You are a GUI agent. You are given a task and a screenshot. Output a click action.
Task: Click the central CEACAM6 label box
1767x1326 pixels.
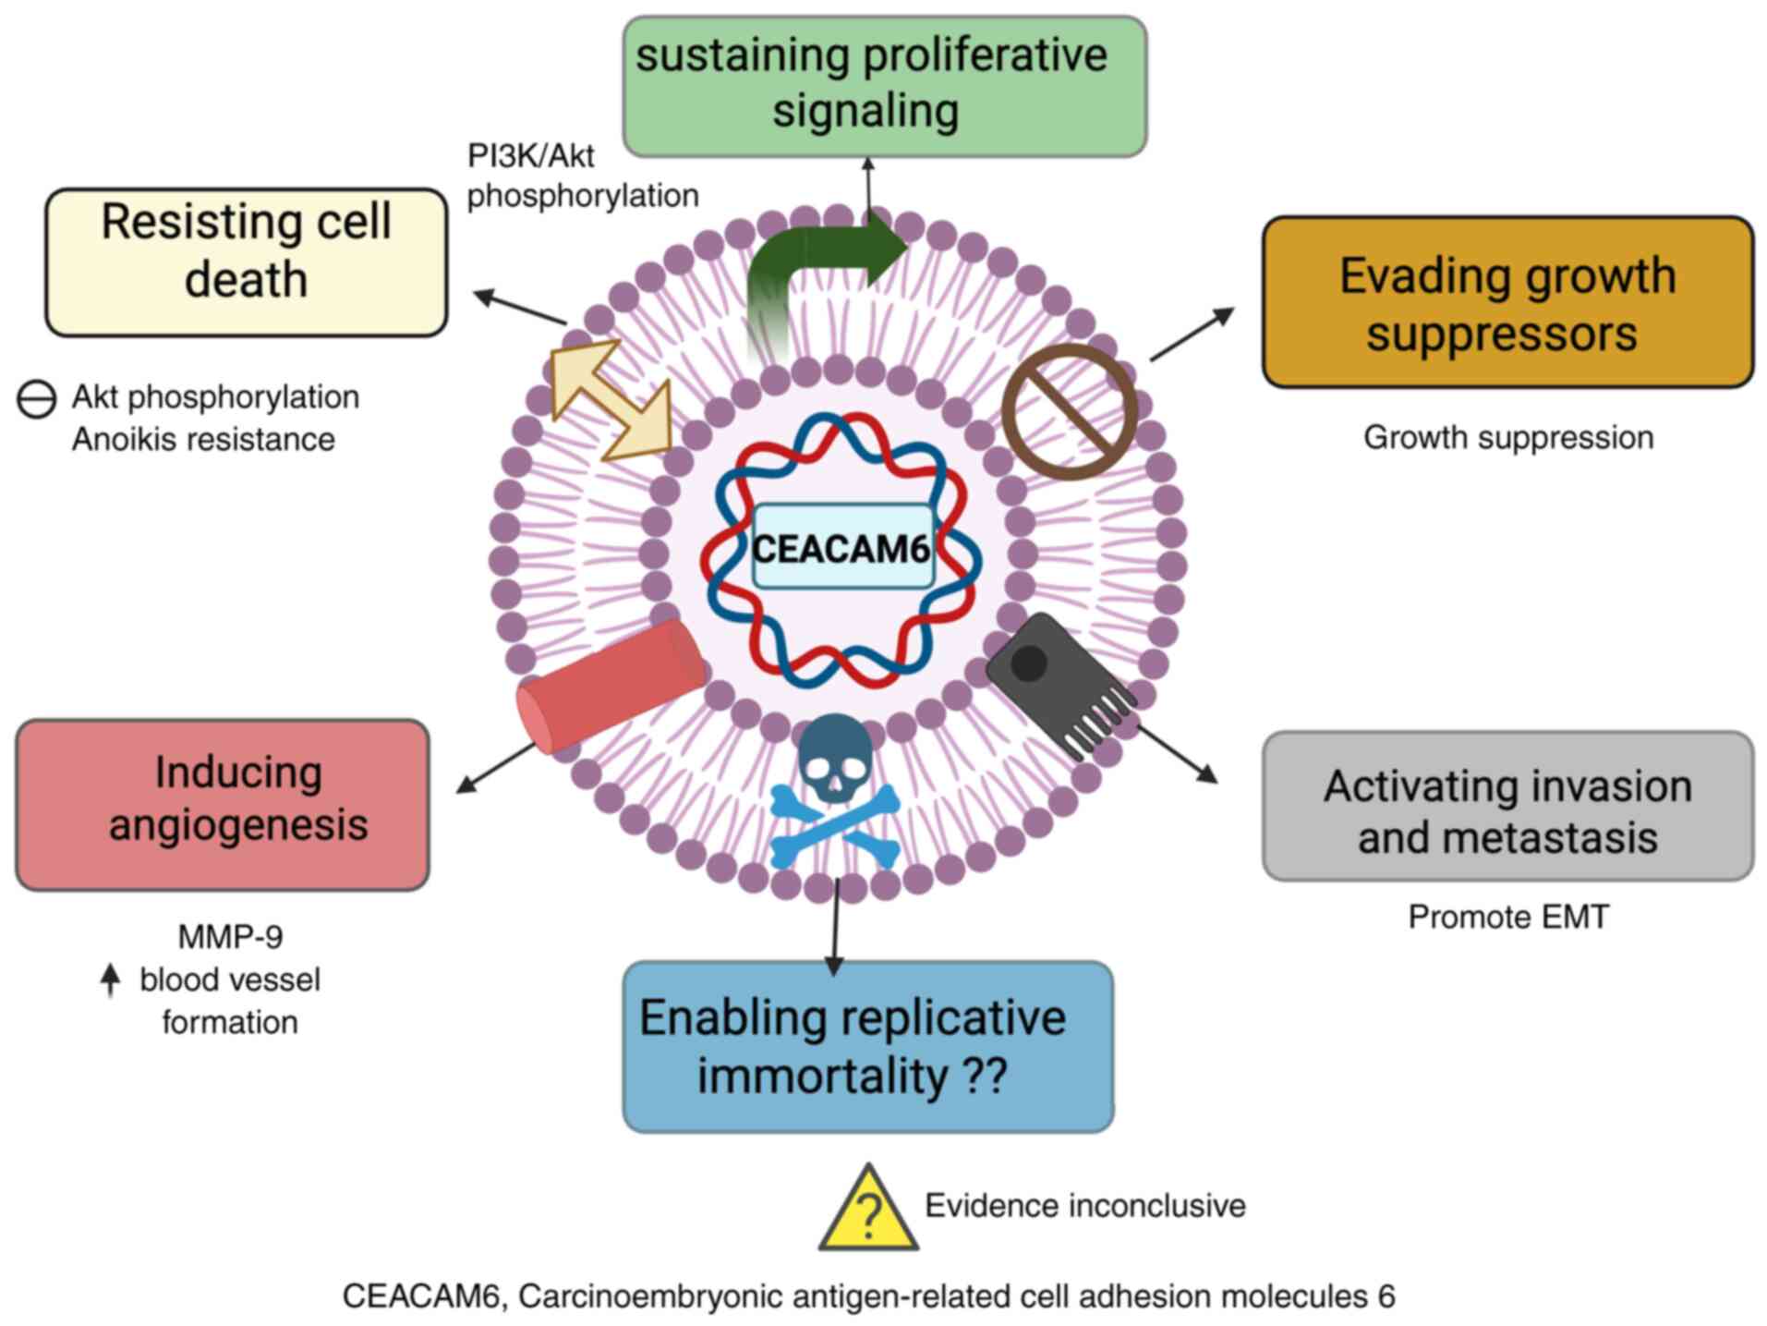[x=841, y=547]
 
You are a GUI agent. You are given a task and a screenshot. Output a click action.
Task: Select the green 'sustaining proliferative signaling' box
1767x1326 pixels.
[x=884, y=86]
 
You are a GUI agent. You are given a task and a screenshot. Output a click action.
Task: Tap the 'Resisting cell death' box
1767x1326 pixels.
[x=246, y=262]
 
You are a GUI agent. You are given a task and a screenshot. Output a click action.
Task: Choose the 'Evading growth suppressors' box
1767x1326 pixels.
[x=1507, y=302]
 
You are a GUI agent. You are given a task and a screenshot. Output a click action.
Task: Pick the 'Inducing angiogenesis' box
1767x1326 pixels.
[x=223, y=804]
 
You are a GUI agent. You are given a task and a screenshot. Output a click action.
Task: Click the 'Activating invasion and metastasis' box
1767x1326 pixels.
[x=1507, y=806]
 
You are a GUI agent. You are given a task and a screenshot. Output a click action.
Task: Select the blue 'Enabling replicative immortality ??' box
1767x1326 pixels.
[x=867, y=1046]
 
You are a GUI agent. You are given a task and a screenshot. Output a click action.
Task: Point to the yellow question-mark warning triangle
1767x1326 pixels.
[x=867, y=1210]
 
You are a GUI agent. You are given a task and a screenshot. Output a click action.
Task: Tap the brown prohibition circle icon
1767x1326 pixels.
[x=1069, y=412]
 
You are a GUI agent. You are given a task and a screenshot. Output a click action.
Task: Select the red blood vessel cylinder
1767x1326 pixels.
[x=611, y=685]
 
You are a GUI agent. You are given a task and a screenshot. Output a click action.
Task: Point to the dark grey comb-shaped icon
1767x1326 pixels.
[x=1059, y=683]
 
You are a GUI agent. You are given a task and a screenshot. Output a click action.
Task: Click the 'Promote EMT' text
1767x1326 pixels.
[x=1507, y=917]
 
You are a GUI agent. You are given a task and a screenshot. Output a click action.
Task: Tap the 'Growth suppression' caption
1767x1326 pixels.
[x=1507, y=437]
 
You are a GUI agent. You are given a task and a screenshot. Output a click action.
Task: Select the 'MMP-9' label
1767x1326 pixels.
[x=230, y=937]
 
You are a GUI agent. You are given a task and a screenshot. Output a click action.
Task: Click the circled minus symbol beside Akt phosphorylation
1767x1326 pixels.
[x=37, y=399]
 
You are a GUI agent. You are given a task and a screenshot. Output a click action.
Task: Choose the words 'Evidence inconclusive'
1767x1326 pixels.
[x=1084, y=1206]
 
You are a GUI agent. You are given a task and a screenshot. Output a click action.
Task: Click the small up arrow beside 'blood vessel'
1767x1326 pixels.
[x=111, y=979]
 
